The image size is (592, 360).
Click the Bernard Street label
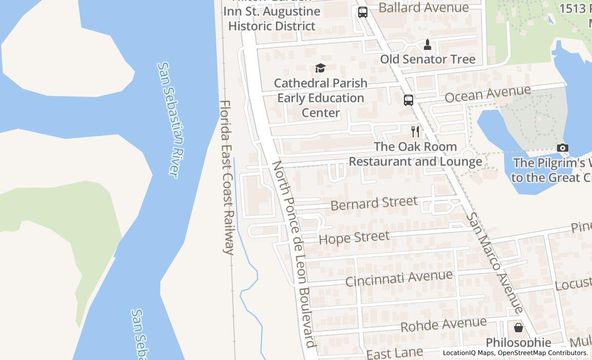click(x=374, y=203)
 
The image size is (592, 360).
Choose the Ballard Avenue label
click(x=423, y=7)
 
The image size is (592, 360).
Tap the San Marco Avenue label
click(x=494, y=262)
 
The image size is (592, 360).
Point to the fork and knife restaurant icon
click(x=415, y=132)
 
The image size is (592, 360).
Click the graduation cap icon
click(x=320, y=68)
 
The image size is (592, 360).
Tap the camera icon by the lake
click(x=563, y=148)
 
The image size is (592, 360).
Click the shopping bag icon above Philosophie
click(x=518, y=327)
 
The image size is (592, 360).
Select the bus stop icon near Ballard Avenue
click(x=363, y=12)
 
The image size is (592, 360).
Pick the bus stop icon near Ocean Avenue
click(x=408, y=100)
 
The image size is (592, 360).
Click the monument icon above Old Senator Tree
click(x=427, y=45)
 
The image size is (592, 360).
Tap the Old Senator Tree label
click(x=428, y=59)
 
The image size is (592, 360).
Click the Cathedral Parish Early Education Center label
click(x=321, y=98)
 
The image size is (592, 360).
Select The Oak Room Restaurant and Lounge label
click(x=415, y=154)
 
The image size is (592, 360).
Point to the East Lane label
click(x=395, y=353)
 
